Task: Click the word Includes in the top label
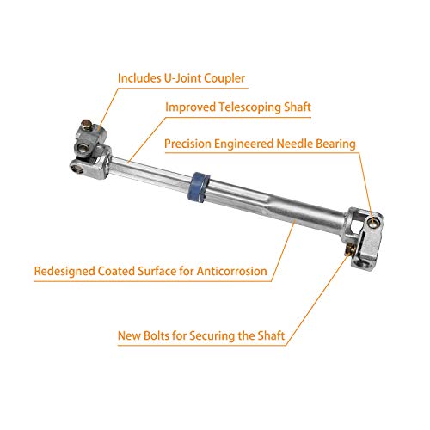[x=144, y=78]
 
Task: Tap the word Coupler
[x=222, y=78]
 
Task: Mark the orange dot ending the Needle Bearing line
[x=372, y=212]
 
